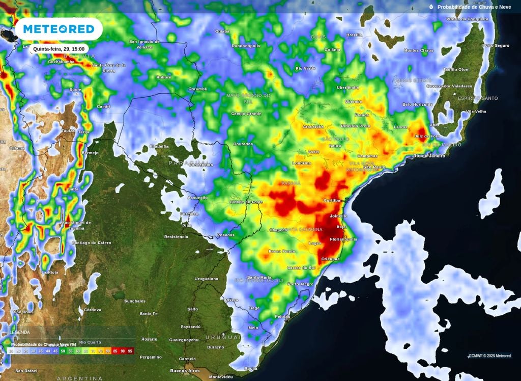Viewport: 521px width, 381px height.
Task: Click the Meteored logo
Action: (x=59, y=30)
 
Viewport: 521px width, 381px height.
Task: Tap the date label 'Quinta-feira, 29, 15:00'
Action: (x=59, y=49)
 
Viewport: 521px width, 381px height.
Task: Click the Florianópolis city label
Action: (x=343, y=239)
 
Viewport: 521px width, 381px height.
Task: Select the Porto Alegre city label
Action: (x=300, y=284)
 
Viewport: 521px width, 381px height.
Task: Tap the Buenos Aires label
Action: (x=185, y=370)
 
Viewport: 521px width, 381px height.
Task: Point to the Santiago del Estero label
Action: (x=91, y=242)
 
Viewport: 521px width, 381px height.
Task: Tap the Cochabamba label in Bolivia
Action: (x=47, y=62)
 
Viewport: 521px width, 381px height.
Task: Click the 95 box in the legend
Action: (x=130, y=351)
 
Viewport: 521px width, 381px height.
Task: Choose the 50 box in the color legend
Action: (x=63, y=351)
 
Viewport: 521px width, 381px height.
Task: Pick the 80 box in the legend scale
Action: (x=108, y=351)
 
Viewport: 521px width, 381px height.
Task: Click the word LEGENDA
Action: (x=20, y=332)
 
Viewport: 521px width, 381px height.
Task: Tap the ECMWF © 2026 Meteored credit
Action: (x=489, y=356)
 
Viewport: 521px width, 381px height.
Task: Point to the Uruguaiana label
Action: (x=206, y=279)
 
